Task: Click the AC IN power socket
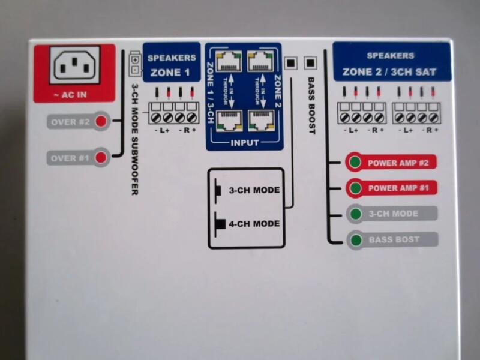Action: click(77, 65)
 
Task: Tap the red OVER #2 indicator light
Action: click(101, 122)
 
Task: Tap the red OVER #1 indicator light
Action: click(101, 158)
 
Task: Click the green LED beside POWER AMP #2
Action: click(355, 163)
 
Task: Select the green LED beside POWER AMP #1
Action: click(355, 188)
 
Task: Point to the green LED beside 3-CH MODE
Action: click(355, 214)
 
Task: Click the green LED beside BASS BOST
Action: click(355, 240)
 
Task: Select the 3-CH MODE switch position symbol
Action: click(218, 191)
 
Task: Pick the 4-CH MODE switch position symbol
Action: click(220, 224)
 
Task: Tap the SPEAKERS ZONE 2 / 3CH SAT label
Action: click(391, 64)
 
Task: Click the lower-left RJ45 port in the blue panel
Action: click(228, 121)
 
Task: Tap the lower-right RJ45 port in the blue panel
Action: click(260, 121)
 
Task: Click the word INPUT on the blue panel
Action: click(244, 143)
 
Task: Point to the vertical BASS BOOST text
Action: click(311, 106)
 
